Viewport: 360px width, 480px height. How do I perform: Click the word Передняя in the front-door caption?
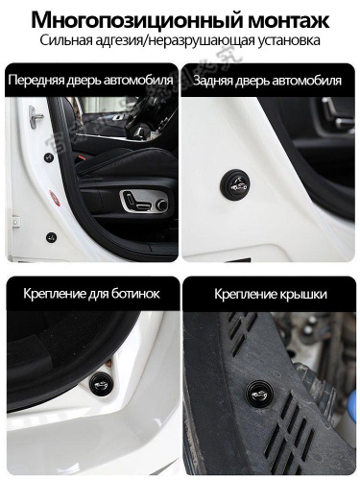[36, 80]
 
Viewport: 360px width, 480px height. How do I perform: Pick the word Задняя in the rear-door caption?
[212, 81]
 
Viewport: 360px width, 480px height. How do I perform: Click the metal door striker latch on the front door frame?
[36, 116]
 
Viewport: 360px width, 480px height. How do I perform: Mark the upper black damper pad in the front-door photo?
[49, 157]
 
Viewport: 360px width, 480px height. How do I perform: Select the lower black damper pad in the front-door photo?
[51, 237]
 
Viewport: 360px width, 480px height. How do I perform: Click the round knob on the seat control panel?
[162, 204]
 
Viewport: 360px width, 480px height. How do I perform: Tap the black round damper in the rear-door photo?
[235, 184]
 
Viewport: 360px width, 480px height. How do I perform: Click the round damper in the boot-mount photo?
[99, 383]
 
